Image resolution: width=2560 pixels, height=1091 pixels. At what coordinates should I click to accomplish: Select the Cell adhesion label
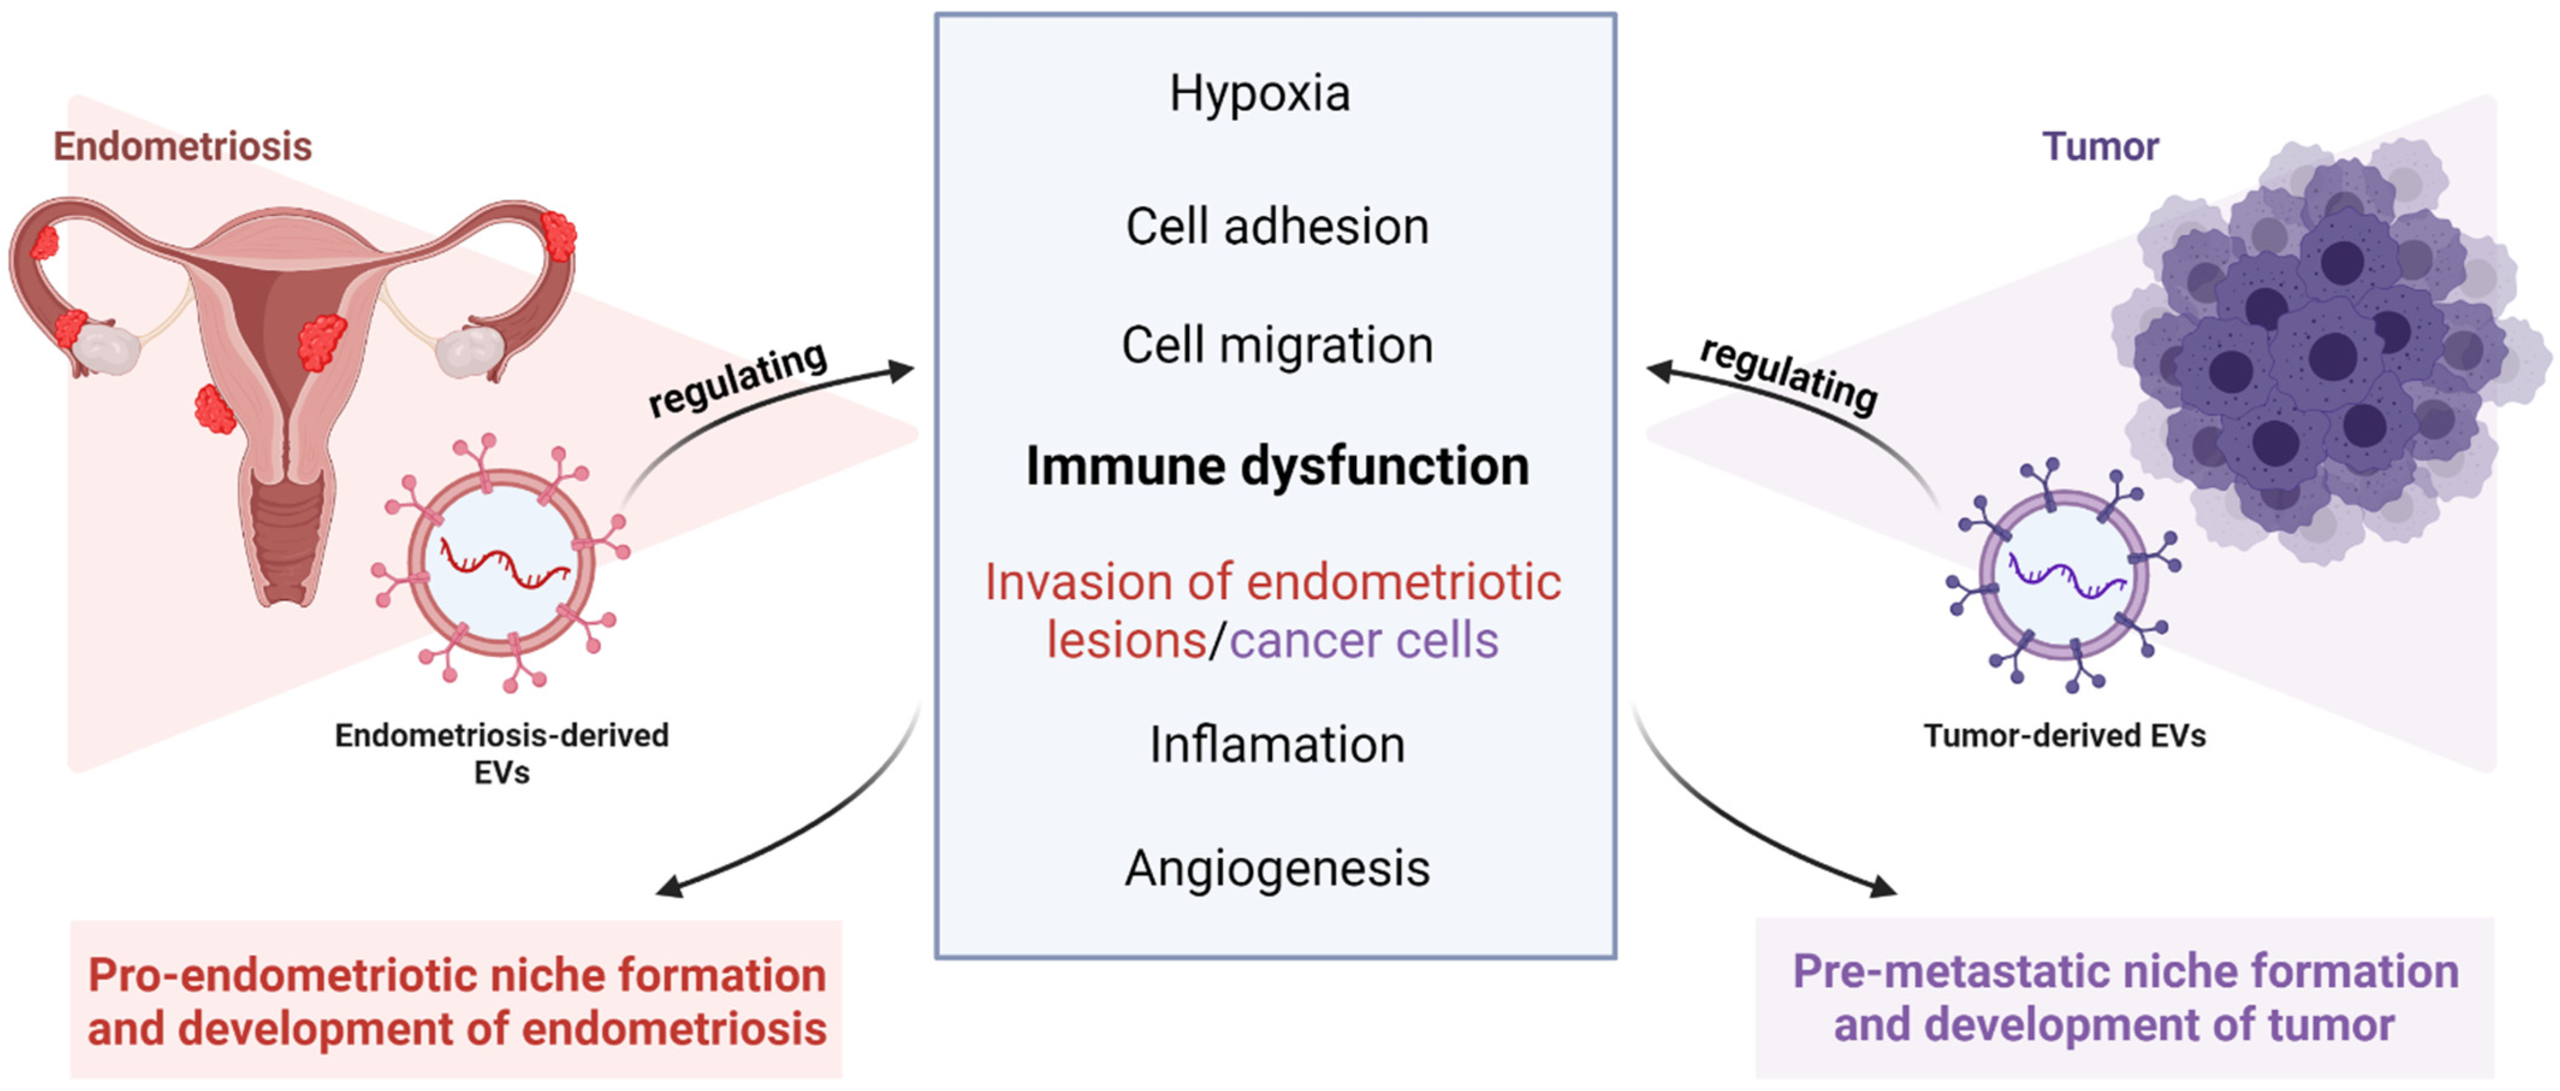(1277, 227)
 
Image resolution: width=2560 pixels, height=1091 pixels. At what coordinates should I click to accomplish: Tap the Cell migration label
(1277, 346)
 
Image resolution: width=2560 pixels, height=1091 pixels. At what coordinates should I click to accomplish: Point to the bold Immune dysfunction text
(1277, 466)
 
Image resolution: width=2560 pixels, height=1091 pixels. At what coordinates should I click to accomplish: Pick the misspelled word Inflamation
(1277, 745)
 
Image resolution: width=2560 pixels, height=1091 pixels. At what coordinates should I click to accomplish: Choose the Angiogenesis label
(1277, 868)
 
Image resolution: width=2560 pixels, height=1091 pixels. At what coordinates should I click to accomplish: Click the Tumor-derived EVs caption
(2064, 736)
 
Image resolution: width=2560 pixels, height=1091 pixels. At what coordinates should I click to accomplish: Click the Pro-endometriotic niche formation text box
(456, 1001)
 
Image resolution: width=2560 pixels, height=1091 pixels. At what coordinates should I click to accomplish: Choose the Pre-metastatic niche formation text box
(2125, 998)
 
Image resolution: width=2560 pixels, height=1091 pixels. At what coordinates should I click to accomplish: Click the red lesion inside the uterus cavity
(322, 341)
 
